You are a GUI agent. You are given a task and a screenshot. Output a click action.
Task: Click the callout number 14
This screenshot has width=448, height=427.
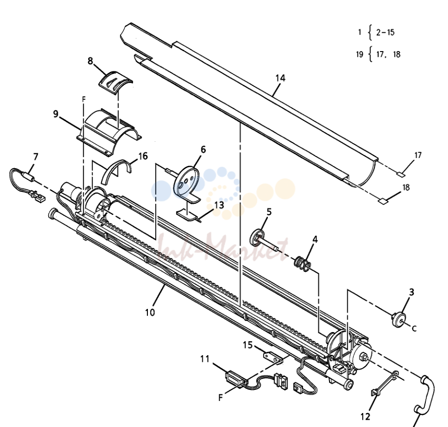click(280, 78)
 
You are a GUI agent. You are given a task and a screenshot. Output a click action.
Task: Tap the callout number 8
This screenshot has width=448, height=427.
click(90, 61)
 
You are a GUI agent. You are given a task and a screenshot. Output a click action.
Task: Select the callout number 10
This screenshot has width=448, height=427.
click(150, 312)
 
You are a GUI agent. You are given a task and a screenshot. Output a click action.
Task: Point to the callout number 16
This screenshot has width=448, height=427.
click(143, 156)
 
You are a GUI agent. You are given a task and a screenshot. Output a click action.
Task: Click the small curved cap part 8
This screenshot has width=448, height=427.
click(116, 81)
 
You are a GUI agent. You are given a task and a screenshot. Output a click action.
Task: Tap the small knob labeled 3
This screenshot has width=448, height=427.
click(399, 319)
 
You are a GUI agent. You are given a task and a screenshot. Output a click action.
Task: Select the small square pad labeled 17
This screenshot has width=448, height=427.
click(401, 174)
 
